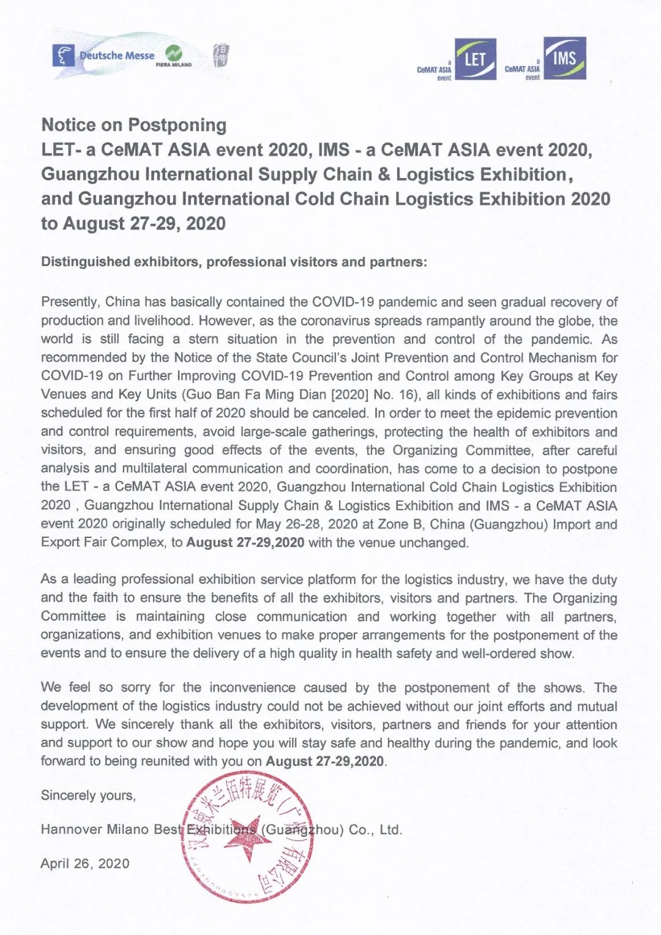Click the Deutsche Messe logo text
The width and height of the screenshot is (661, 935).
tap(117, 56)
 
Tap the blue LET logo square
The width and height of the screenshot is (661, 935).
tap(475, 59)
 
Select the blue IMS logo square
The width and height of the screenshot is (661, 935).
tap(565, 58)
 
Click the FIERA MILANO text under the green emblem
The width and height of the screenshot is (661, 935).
tap(174, 65)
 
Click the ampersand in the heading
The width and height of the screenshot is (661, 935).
tap(384, 174)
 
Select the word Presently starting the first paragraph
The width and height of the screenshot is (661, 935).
tap(70, 302)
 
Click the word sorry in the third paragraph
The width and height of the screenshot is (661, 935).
tap(135, 687)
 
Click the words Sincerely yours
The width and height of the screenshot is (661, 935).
tap(88, 795)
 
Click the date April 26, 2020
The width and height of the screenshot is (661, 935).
tap(85, 863)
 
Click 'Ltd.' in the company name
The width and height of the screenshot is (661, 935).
tap(390, 830)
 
